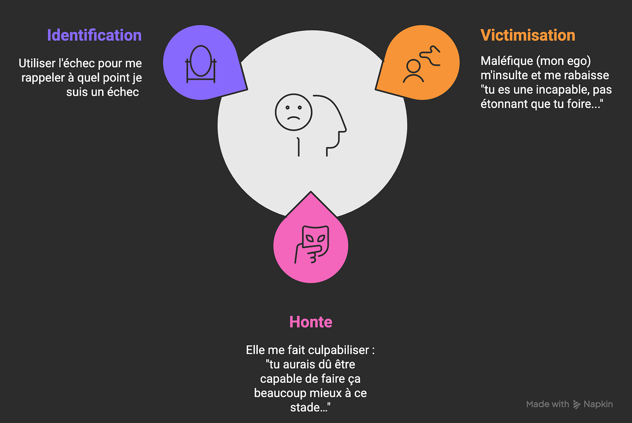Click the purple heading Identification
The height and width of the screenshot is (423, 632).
point(94,35)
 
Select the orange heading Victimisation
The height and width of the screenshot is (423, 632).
point(527,35)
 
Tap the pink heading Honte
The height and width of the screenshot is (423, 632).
point(310,322)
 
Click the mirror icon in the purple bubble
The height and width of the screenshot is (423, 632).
point(201,63)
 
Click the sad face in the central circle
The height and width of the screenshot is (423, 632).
point(293,112)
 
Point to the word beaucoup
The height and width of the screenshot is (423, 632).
point(276,393)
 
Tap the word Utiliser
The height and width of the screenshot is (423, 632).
point(37,63)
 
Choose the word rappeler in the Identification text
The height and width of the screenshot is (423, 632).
point(43,78)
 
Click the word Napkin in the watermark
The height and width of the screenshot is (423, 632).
point(598,404)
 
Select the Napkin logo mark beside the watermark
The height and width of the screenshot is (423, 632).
point(576,404)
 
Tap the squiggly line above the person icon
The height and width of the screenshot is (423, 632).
point(430,56)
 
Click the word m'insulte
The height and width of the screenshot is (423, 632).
point(504,75)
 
